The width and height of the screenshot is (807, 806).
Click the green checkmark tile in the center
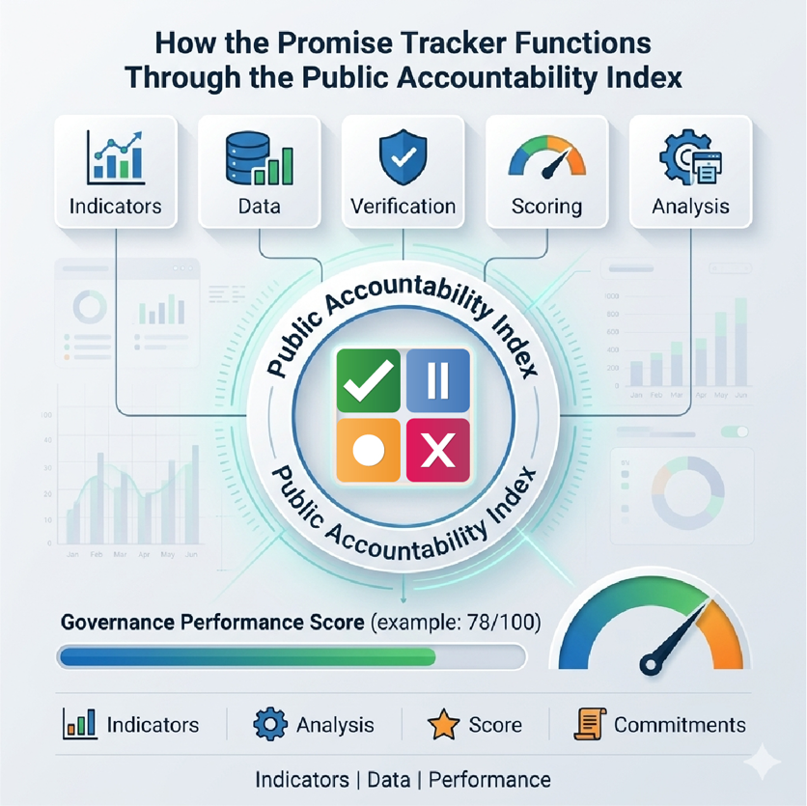point(367,381)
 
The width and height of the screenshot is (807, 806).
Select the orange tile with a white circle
point(367,450)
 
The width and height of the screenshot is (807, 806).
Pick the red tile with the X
point(437,450)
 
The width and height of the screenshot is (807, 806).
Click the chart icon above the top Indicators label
point(115,157)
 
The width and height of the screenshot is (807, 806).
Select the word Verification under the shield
point(403,206)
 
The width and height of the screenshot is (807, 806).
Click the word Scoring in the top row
point(546,206)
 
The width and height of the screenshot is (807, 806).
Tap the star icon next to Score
point(443,724)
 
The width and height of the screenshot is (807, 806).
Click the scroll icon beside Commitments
point(588,724)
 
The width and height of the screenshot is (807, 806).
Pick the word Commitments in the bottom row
point(680,725)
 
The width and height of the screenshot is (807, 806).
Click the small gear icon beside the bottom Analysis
point(270,724)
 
